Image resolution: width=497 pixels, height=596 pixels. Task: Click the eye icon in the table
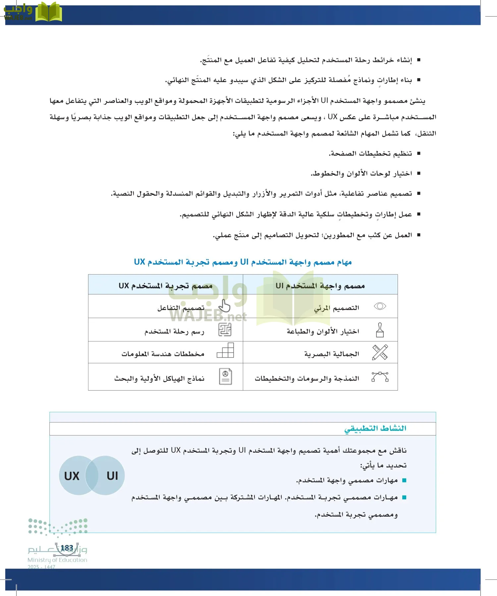(380, 306)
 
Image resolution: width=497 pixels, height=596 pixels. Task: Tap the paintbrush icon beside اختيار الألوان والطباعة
(380, 330)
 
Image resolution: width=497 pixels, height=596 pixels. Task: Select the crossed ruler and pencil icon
(380, 352)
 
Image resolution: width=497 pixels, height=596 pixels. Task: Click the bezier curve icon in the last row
(380, 377)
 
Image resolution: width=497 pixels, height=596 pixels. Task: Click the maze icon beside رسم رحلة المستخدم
(225, 330)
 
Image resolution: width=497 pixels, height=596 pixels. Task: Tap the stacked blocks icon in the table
(226, 350)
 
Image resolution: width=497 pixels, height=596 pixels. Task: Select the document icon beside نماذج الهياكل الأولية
(226, 376)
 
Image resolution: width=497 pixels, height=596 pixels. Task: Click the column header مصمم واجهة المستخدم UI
(320, 285)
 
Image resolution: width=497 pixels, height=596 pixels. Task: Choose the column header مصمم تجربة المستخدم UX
(166, 285)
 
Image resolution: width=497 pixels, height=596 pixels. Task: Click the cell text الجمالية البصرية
(332, 354)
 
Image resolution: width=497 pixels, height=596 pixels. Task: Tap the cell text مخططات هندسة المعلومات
(163, 354)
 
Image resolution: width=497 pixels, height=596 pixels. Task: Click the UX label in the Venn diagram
(72, 476)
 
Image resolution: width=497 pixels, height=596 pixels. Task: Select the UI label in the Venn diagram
(112, 476)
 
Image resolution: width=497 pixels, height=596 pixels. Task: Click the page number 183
(67, 548)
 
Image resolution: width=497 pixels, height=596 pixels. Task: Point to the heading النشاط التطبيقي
(375, 428)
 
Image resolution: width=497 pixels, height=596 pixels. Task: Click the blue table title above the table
(243, 262)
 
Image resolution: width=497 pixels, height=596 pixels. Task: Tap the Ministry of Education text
(57, 560)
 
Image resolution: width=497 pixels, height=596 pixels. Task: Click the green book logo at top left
(48, 12)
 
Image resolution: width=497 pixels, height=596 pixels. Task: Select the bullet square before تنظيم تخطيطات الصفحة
(419, 153)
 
